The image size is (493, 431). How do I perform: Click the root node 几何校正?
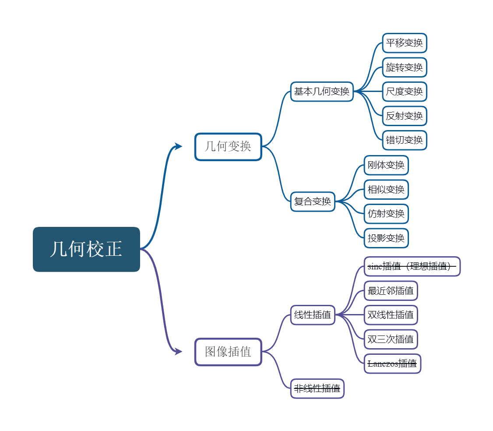click(86, 249)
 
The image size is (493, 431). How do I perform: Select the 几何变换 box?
click(228, 147)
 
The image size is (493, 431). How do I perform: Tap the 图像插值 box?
click(228, 352)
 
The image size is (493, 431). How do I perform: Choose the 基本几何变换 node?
click(322, 92)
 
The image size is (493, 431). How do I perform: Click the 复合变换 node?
click(313, 201)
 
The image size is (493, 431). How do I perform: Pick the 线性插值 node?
click(313, 315)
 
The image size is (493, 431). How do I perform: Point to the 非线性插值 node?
click(317, 389)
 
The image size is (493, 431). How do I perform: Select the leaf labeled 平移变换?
click(405, 43)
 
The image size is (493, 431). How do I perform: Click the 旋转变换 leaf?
click(405, 67)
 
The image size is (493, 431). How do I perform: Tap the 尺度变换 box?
click(405, 92)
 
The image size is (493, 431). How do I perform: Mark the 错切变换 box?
click(405, 140)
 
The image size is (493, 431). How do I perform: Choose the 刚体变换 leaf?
click(386, 165)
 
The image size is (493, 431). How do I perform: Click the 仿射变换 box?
click(386, 214)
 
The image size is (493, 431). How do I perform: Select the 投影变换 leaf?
click(386, 238)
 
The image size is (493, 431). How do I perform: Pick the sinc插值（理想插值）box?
click(412, 266)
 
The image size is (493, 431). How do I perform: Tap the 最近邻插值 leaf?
click(391, 291)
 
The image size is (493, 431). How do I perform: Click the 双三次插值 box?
click(391, 339)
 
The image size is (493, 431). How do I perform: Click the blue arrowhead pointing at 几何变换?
click(179, 146)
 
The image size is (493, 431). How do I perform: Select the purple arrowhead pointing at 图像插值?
click(179, 351)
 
